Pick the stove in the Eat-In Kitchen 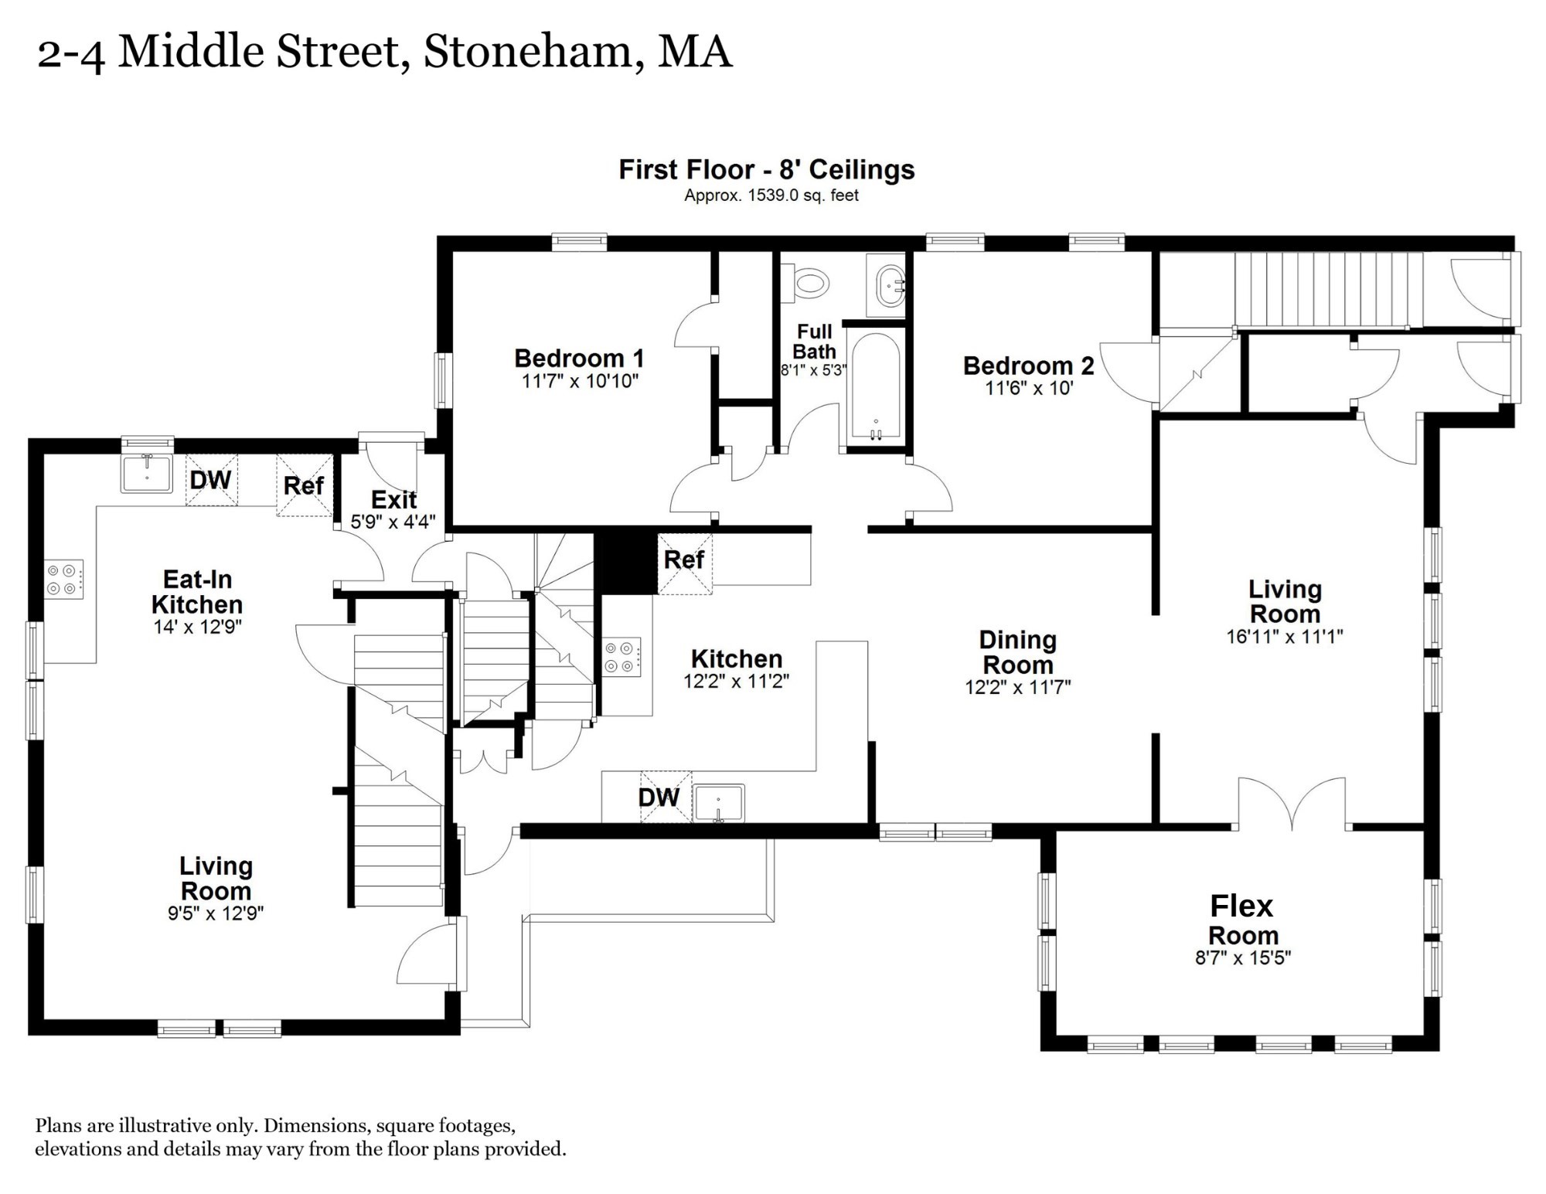click(64, 580)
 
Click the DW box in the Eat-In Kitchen click(211, 480)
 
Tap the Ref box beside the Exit click(304, 485)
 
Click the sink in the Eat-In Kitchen click(147, 473)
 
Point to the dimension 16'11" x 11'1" click(1285, 637)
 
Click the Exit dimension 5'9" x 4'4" click(393, 522)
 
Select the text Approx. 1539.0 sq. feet click(771, 196)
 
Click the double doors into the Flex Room click(1292, 804)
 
